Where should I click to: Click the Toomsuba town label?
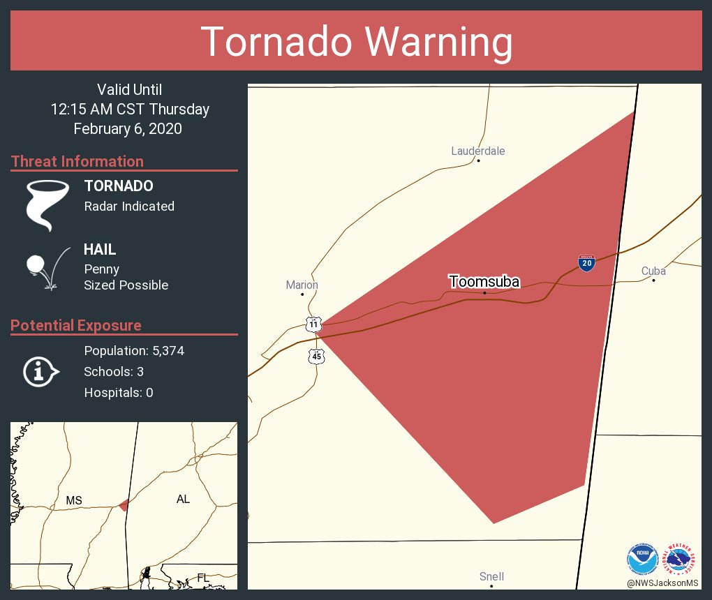pyautogui.click(x=484, y=282)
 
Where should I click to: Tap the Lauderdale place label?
pyautogui.click(x=477, y=151)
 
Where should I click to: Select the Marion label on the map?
pyautogui.click(x=302, y=285)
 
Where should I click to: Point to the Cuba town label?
pyautogui.click(x=653, y=271)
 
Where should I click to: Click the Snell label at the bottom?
pyautogui.click(x=491, y=576)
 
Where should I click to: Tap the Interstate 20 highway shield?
pyautogui.click(x=586, y=263)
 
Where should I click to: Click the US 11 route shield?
pyautogui.click(x=314, y=324)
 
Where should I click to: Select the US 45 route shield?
pyautogui.click(x=317, y=356)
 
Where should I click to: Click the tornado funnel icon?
pyautogui.click(x=47, y=205)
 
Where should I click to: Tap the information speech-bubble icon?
pyautogui.click(x=40, y=371)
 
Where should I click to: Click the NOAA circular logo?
pyautogui.click(x=642, y=558)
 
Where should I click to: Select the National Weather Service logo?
pyautogui.click(x=681, y=558)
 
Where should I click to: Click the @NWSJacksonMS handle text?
pyautogui.click(x=662, y=583)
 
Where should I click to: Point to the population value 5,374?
pyautogui.click(x=164, y=350)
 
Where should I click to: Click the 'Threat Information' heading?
pyautogui.click(x=77, y=161)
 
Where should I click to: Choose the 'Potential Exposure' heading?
pyautogui.click(x=76, y=325)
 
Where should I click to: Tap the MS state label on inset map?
pyautogui.click(x=74, y=500)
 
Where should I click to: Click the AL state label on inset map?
pyautogui.click(x=183, y=499)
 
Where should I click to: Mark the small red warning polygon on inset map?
pyautogui.click(x=124, y=504)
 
